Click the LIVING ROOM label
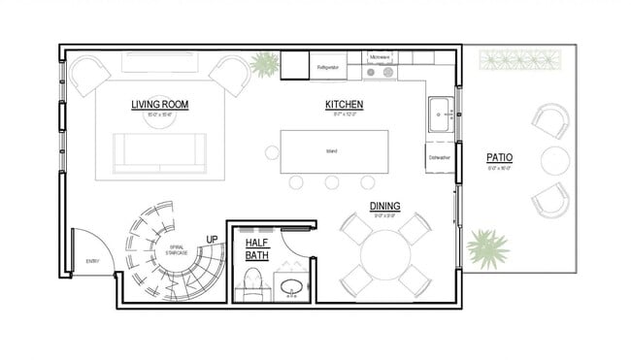click(x=160, y=103)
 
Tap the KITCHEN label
click(x=344, y=103)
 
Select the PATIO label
click(x=500, y=157)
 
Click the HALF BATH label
click(x=256, y=248)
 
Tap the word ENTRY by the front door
click(x=92, y=261)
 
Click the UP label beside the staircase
click(x=212, y=240)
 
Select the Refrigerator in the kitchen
click(x=328, y=68)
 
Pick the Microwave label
click(x=380, y=57)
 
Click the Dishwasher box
click(x=439, y=156)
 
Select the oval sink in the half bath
click(x=290, y=287)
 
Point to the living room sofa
click(x=159, y=152)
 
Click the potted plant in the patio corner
click(x=487, y=248)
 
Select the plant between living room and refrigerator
click(x=262, y=66)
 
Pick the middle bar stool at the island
click(x=332, y=181)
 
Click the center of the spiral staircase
click(x=175, y=250)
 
